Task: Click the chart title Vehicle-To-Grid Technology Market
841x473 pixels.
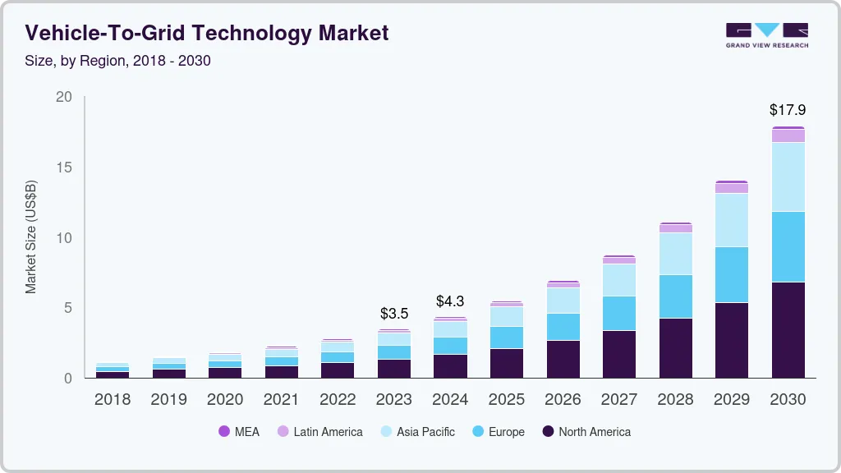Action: coord(206,33)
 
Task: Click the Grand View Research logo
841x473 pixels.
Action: coord(766,34)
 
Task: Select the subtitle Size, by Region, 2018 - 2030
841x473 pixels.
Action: coord(118,61)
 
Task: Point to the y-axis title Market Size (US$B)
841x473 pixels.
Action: coord(31,236)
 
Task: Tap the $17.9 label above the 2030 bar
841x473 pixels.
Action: coord(787,109)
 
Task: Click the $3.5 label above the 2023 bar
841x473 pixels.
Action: coord(394,313)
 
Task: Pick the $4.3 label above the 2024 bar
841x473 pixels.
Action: coord(450,301)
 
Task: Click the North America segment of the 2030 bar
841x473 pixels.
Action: coord(787,329)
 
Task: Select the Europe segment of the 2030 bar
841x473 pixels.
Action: coord(787,246)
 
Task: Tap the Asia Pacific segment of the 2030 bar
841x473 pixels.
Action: coord(787,177)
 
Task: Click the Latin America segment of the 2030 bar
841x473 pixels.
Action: coord(787,135)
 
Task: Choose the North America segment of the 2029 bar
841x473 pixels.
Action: coord(731,340)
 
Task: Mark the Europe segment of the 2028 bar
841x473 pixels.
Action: coord(675,296)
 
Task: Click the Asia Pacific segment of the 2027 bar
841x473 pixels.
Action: coord(618,279)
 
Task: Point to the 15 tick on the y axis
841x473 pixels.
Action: coord(63,168)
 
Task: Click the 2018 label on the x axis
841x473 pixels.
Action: coord(113,400)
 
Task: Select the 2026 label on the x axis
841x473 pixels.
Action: coord(563,400)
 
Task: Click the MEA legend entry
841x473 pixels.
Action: coord(239,432)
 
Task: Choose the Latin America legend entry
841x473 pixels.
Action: coord(319,432)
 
